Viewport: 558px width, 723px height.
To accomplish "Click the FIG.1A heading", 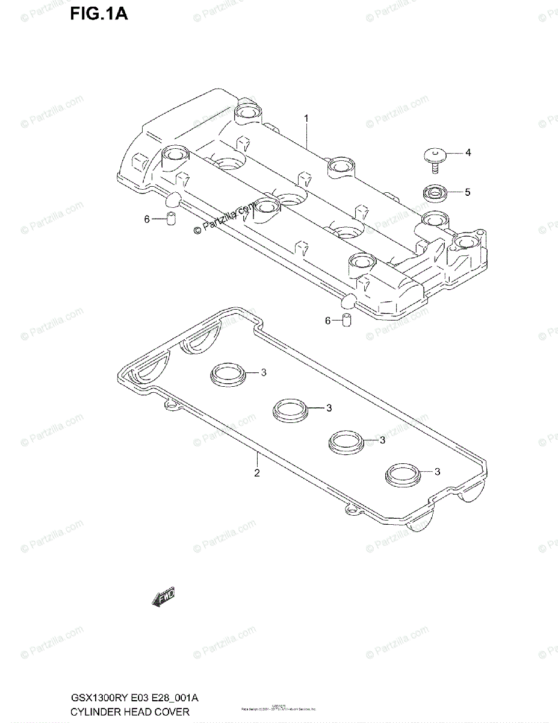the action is point(99,13).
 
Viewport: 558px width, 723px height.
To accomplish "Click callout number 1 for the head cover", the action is point(306,119).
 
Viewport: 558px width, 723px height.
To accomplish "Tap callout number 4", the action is point(468,152).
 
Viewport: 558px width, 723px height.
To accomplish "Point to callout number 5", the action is point(467,192).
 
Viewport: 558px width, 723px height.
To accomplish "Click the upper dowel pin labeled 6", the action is point(170,219).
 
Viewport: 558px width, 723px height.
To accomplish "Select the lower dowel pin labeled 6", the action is point(347,321).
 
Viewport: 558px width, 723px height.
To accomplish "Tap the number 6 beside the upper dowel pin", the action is point(146,219).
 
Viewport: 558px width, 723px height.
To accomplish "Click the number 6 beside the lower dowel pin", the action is point(327,321).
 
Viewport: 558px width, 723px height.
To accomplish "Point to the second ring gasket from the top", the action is point(290,410).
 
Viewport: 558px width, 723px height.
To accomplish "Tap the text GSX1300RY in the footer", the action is point(93,698).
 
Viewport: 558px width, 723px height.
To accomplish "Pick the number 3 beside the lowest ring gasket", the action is point(438,472).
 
